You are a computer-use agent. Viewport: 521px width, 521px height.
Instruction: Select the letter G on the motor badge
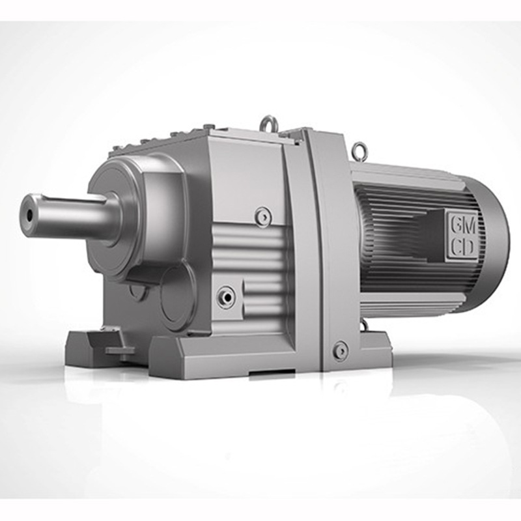pyautogui.click(x=455, y=228)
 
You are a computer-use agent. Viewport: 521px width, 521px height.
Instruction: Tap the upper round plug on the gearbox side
pyautogui.click(x=264, y=216)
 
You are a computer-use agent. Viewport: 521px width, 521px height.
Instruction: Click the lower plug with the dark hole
pyautogui.click(x=226, y=296)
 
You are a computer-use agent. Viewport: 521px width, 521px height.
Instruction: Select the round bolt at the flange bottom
pyautogui.click(x=341, y=350)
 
